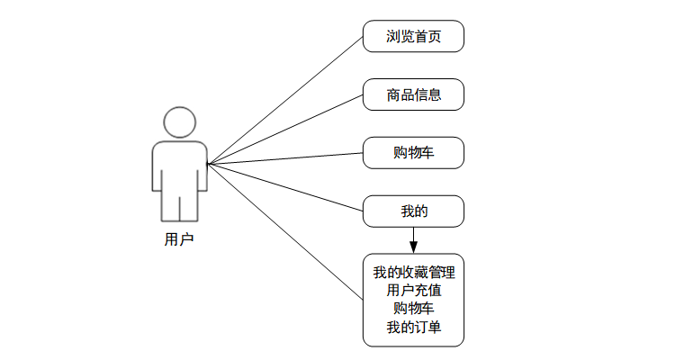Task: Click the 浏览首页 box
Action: coord(413,36)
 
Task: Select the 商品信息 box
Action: coord(413,94)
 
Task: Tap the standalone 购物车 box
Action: coord(413,152)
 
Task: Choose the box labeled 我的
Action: coord(413,211)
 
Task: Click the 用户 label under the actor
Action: coord(179,239)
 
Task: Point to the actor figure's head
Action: coord(179,122)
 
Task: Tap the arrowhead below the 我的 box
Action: coord(413,246)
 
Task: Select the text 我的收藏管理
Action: coord(413,273)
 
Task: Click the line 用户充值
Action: coord(413,291)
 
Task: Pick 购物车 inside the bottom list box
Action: coord(413,309)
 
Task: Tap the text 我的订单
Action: coord(413,327)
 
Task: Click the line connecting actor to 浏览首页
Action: coord(284,100)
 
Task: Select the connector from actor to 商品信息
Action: coord(284,129)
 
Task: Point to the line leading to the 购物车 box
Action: coord(284,158)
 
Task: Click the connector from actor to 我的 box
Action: coord(284,187)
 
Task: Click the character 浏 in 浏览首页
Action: coord(392,36)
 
